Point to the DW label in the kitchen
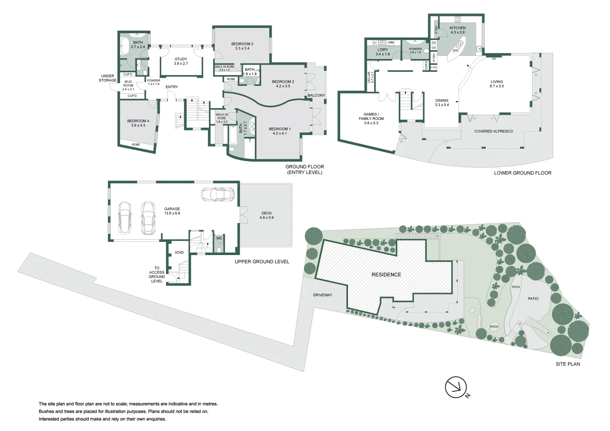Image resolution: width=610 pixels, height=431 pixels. (x=455, y=51)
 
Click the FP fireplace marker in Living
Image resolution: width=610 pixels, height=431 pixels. (x=494, y=59)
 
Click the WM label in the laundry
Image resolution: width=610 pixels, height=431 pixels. (x=391, y=42)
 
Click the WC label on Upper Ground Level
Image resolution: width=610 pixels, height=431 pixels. (x=219, y=238)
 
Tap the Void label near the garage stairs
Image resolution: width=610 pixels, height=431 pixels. (x=179, y=252)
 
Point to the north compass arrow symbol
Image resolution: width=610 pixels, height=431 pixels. (x=456, y=387)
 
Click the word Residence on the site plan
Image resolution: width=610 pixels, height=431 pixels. (x=386, y=275)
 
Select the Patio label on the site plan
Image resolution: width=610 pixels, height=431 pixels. (x=533, y=299)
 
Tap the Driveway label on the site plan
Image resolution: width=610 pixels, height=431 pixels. (x=322, y=295)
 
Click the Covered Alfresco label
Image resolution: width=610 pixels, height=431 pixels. (x=493, y=131)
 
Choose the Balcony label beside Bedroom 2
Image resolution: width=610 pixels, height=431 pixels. (x=316, y=95)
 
